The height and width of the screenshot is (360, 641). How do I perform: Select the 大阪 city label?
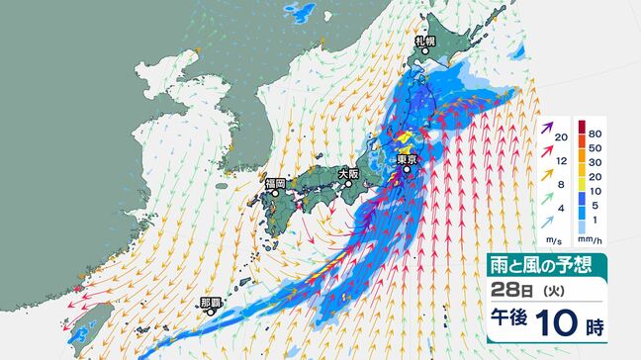point(348,174)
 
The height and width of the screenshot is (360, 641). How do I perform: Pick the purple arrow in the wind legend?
point(546,131)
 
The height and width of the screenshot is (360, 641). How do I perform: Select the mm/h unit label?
point(587,240)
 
